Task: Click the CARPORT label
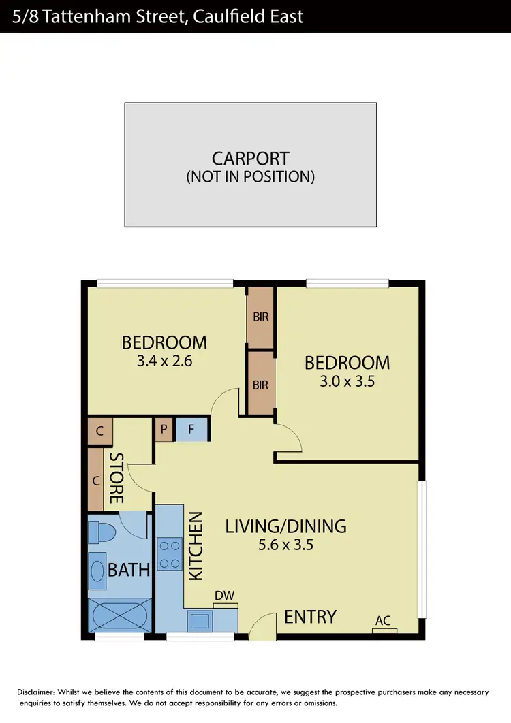pyautogui.click(x=250, y=159)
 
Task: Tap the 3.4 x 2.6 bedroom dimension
pyautogui.click(x=164, y=361)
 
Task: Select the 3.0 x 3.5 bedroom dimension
pyautogui.click(x=347, y=381)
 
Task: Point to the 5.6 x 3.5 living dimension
pyautogui.click(x=285, y=544)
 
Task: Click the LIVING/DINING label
pyautogui.click(x=285, y=526)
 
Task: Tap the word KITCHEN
pyautogui.click(x=196, y=546)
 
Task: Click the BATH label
pyautogui.click(x=129, y=569)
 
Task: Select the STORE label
pyautogui.click(x=117, y=478)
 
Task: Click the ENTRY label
pyautogui.click(x=310, y=617)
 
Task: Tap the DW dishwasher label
pyautogui.click(x=224, y=596)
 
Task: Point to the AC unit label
pyautogui.click(x=384, y=620)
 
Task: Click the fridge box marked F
pyautogui.click(x=191, y=430)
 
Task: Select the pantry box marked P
pyautogui.click(x=164, y=430)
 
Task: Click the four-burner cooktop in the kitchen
pyautogui.click(x=168, y=553)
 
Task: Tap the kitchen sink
pyautogui.click(x=200, y=620)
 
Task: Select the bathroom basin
pyautogui.click(x=97, y=571)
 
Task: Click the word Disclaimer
pyautogui.click(x=40, y=692)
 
